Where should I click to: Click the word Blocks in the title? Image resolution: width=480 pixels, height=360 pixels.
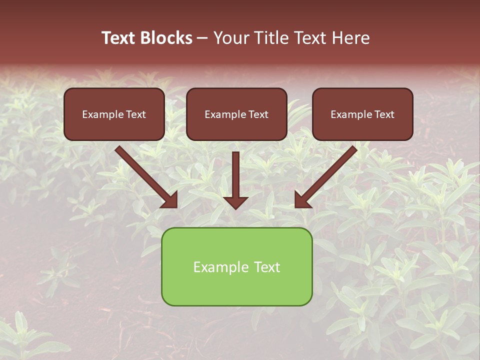(x=167, y=38)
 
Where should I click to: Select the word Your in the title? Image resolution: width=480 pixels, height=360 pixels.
(x=231, y=38)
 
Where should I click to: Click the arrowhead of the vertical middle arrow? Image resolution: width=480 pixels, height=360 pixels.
(x=236, y=202)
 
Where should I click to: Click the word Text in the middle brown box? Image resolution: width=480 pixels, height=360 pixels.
(x=257, y=114)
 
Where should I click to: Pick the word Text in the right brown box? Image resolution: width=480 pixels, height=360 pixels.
(x=384, y=114)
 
